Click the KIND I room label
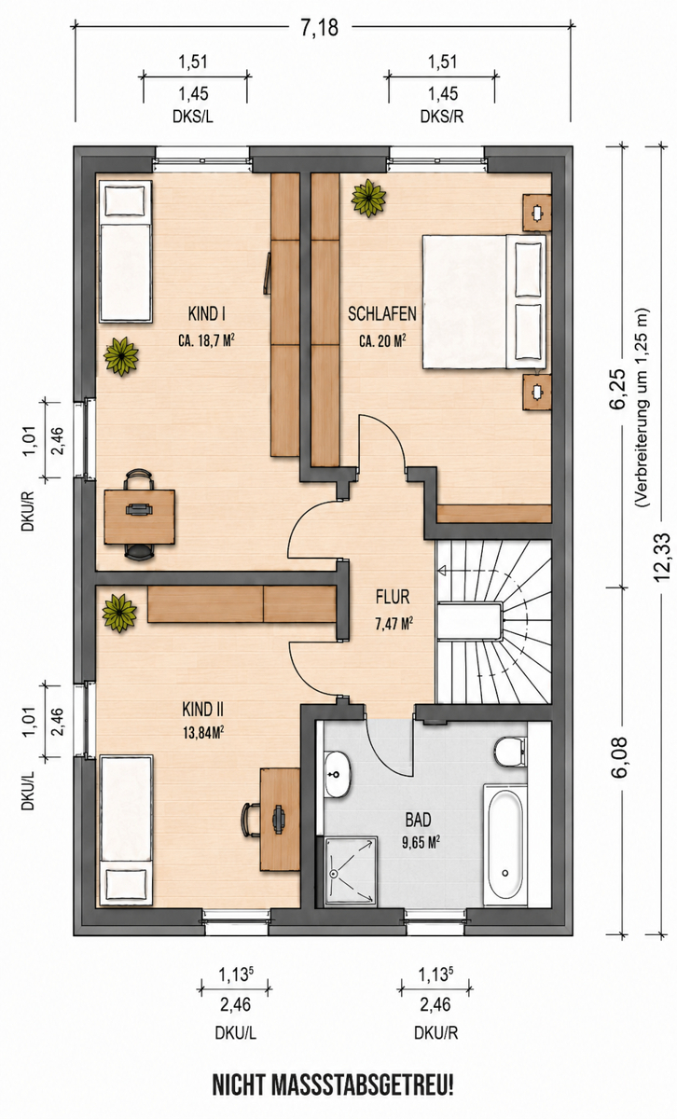point(206,313)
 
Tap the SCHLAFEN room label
point(382,313)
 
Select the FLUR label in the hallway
point(393,597)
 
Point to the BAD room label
point(418,820)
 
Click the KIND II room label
point(203,709)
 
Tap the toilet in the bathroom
point(511,753)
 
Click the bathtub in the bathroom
point(505,845)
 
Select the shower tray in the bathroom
point(351,871)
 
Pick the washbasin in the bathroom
point(338,774)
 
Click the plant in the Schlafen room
point(368,198)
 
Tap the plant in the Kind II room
point(119,613)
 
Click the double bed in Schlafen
point(484,302)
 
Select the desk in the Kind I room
point(139,517)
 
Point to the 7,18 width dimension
point(319,27)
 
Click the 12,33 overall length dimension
point(661,558)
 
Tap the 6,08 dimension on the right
point(619,757)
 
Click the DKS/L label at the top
point(193,117)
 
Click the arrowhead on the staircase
point(442,570)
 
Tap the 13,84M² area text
point(203,733)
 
